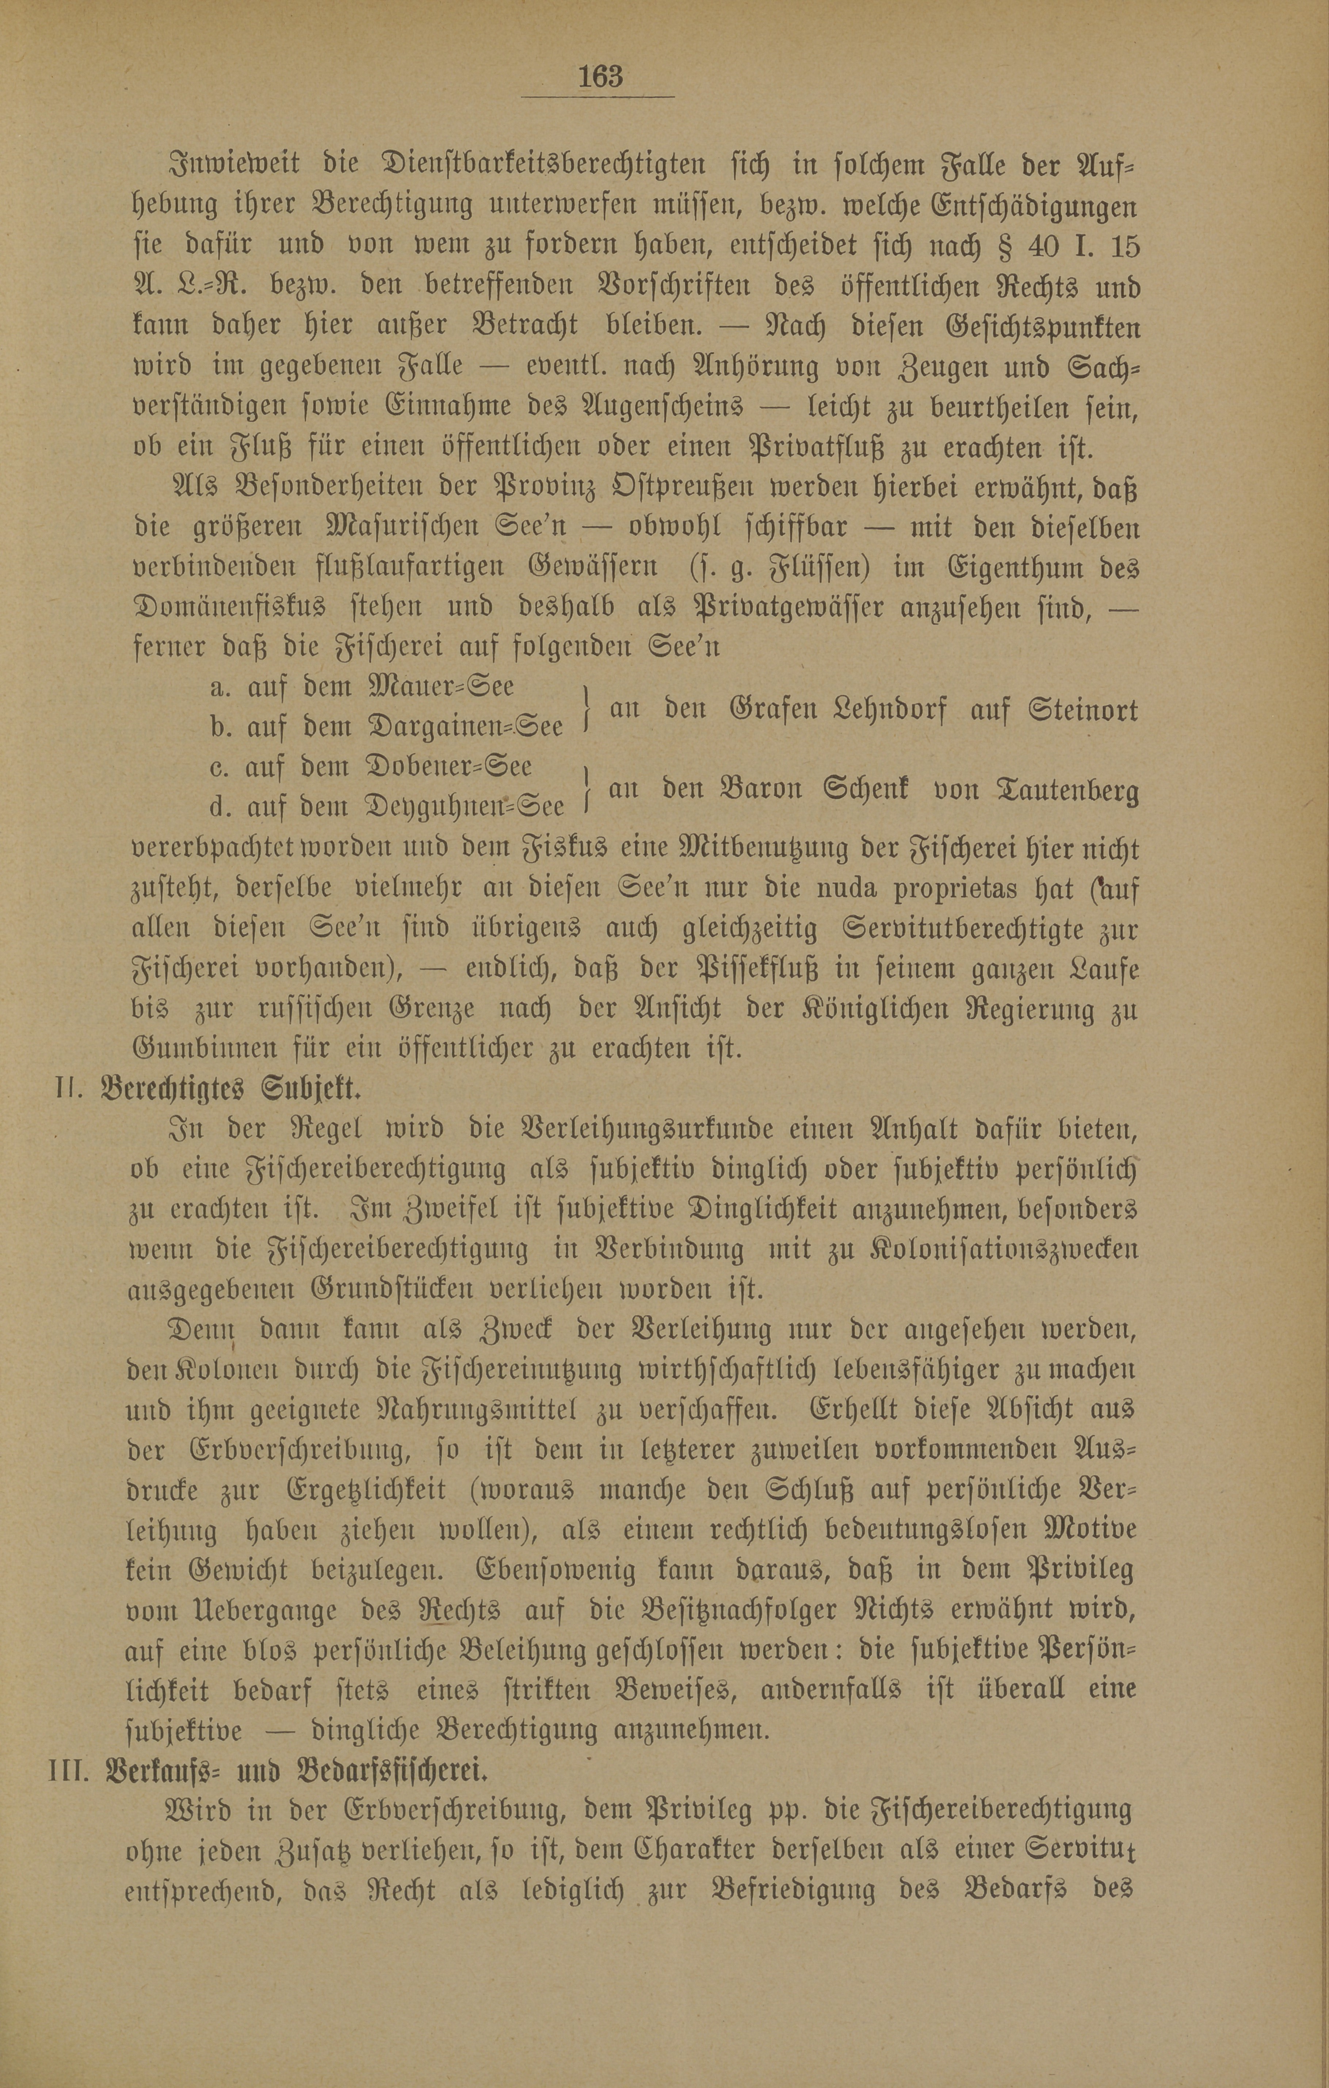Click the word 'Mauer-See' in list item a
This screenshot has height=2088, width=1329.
point(442,687)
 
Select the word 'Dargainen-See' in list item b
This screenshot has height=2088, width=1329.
point(467,727)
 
